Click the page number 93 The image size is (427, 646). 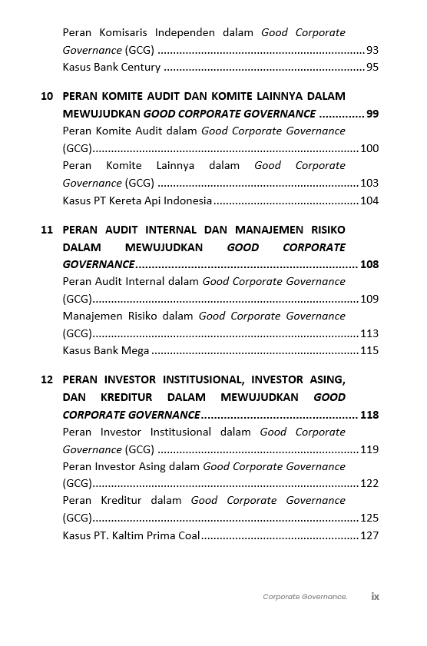(x=372, y=50)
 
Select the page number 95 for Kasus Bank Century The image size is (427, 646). (x=372, y=68)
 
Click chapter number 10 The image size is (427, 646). (x=47, y=97)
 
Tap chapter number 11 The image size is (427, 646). (x=47, y=230)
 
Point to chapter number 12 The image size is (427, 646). (x=47, y=380)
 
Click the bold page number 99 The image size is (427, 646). (x=372, y=114)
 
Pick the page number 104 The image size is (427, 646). (x=369, y=200)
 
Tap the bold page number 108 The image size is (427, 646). (x=369, y=264)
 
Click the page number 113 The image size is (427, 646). (x=369, y=333)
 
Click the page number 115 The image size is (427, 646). (x=369, y=350)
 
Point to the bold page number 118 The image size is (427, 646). (x=369, y=415)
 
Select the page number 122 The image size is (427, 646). (x=369, y=483)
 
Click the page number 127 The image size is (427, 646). (x=369, y=535)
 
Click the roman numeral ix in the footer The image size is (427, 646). (x=376, y=596)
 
